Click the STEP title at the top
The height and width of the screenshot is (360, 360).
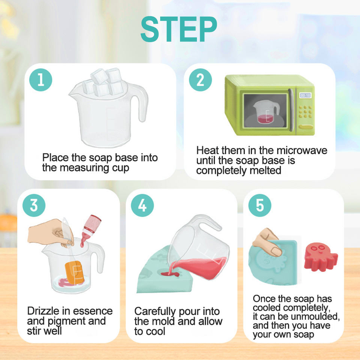(179, 29)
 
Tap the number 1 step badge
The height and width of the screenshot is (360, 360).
(40, 79)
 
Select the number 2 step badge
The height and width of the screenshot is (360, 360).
(200, 79)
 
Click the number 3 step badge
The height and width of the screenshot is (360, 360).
(34, 205)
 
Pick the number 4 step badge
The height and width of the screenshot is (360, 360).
(142, 205)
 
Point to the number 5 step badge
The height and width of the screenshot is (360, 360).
(259, 205)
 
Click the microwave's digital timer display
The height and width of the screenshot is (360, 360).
(305, 95)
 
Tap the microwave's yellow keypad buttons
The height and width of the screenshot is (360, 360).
(305, 112)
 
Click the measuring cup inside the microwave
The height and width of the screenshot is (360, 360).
(266, 112)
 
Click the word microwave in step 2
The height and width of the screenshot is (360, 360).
(302, 150)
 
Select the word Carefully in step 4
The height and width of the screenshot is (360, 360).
(155, 312)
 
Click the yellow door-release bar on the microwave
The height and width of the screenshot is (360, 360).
(306, 126)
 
